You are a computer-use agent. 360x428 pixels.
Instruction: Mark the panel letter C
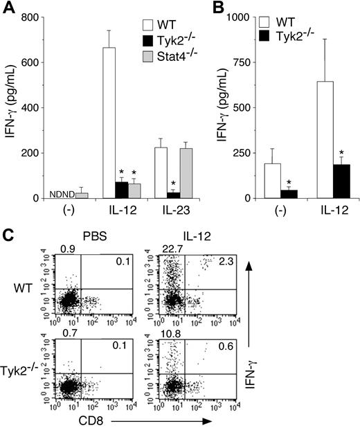click(x=8, y=235)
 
